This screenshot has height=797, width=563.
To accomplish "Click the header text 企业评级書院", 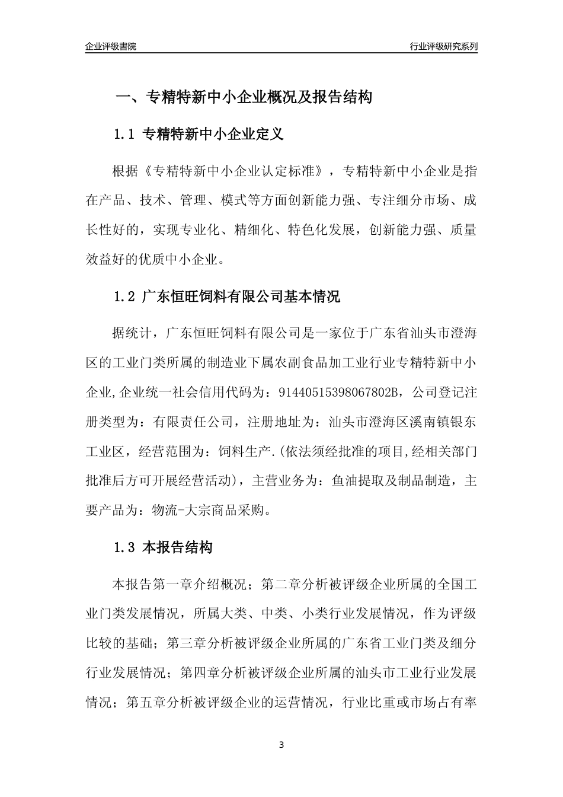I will coord(111,46).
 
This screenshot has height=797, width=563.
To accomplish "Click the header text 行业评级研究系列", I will coord(443,46).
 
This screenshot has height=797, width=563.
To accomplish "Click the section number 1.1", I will coord(124,135).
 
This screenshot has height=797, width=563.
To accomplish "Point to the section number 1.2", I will coord(124,297).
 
